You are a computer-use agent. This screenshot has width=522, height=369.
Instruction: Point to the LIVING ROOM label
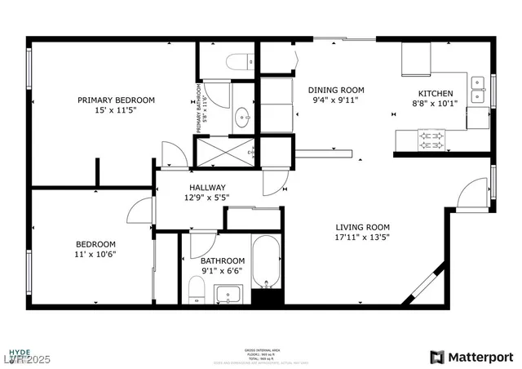pyautogui.click(x=362, y=228)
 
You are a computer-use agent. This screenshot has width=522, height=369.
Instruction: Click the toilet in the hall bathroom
pyautogui.click(x=196, y=289)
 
